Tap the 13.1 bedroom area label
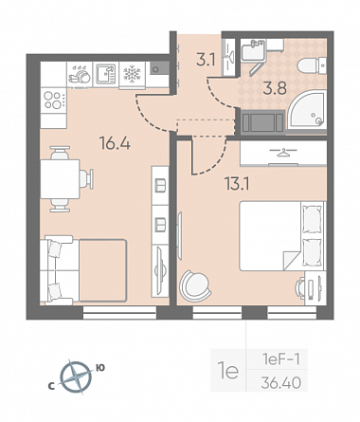[x=237, y=183]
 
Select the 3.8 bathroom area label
[x=275, y=88]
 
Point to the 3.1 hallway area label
[x=206, y=60]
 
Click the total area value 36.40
[x=280, y=383]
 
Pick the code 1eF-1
[x=280, y=359]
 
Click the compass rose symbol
[x=76, y=377]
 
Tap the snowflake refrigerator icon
[x=132, y=74]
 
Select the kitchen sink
[x=105, y=74]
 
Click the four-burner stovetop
[x=54, y=101]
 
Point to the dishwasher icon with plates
[x=80, y=75]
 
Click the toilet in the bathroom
[x=312, y=66]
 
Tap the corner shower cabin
[x=307, y=110]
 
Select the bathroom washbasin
[x=253, y=50]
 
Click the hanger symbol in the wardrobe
[x=284, y=153]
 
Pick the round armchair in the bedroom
[x=195, y=285]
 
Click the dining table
[x=60, y=179]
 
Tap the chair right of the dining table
[x=86, y=179]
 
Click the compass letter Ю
[x=100, y=368]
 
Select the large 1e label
[x=228, y=371]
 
